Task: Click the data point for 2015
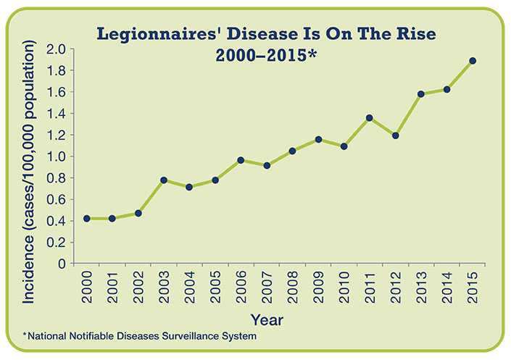coord(473,61)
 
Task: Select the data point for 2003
coord(163,180)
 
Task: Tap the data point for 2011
coord(370,117)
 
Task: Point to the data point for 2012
coord(395,135)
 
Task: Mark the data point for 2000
coord(86,218)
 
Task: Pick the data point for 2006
coord(241,160)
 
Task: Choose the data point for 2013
coord(421,94)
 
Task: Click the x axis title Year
coord(267,319)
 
